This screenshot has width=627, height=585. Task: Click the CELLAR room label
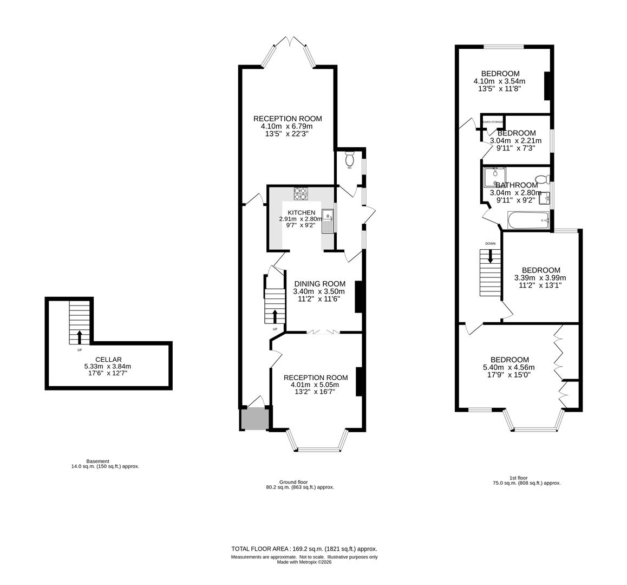(x=108, y=359)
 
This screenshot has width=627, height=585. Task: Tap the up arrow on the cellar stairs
(x=80, y=337)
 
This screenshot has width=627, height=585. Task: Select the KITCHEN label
(x=301, y=212)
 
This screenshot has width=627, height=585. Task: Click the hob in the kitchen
(x=301, y=192)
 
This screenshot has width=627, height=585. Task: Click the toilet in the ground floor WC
(x=350, y=159)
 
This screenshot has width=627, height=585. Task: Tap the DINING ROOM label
(x=319, y=284)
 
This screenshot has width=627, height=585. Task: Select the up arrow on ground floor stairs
(x=275, y=316)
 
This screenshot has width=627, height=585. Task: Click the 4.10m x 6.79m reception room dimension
(x=287, y=126)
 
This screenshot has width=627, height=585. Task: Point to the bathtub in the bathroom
(x=528, y=220)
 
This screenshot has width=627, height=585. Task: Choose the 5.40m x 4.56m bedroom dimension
(x=509, y=368)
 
